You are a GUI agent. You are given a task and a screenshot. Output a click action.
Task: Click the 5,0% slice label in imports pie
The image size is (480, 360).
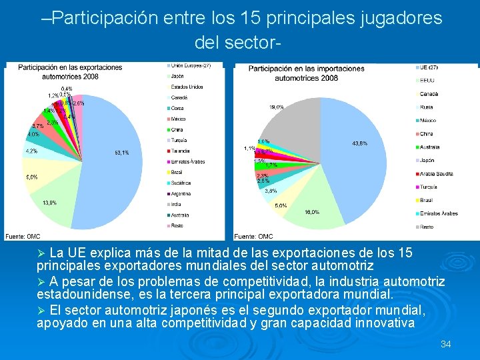pos(280,206)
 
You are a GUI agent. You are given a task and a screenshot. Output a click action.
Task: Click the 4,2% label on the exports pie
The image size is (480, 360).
pos(31,151)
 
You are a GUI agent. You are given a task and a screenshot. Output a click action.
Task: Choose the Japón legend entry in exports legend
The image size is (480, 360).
pos(178,76)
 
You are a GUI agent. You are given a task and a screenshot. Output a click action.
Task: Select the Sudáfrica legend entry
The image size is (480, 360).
pos(181,183)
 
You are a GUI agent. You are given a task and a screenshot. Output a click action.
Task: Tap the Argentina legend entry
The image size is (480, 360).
pos(182,193)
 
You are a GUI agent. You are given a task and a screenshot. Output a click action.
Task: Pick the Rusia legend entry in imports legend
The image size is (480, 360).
pos(427,107)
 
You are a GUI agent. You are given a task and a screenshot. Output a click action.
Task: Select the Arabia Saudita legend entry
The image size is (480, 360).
pos(436,173)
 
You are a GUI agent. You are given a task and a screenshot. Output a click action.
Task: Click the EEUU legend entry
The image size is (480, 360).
pos(428,81)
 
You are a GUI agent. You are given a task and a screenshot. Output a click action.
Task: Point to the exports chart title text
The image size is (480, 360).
pos(70,72)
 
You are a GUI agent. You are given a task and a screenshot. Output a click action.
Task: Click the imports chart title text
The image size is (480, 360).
pos(297,73)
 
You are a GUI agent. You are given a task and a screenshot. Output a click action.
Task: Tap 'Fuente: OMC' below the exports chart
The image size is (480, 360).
pos(23,236)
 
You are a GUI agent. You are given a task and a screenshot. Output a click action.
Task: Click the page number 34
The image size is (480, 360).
pos(446,344)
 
